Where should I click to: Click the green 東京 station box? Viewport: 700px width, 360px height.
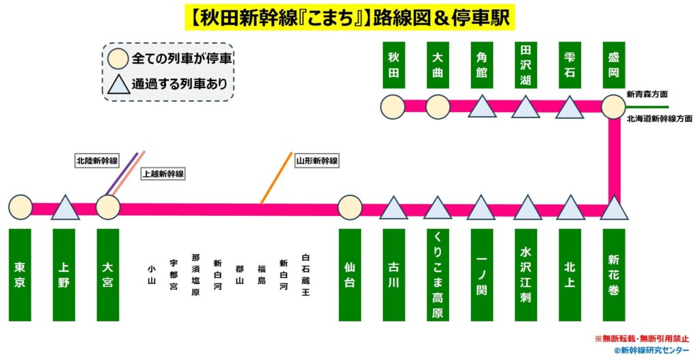pyautogui.click(x=21, y=275)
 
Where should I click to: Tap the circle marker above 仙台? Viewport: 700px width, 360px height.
pyautogui.click(x=349, y=206)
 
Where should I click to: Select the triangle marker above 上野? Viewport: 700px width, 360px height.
pyautogui.click(x=65, y=208)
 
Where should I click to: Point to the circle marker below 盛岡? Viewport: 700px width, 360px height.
pyautogui.click(x=613, y=107)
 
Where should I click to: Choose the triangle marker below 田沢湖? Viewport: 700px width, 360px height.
pyautogui.click(x=526, y=107)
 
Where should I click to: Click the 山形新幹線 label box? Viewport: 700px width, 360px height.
pyautogui.click(x=317, y=161)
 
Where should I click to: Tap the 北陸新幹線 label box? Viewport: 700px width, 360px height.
pyautogui.click(x=97, y=161)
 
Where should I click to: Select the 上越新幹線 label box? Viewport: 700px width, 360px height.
pyautogui.click(x=163, y=174)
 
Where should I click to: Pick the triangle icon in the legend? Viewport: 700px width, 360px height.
pyautogui.click(x=118, y=85)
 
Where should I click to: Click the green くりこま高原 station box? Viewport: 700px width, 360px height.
pyautogui.click(x=437, y=275)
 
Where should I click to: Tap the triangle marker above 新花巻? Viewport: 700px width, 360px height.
pyautogui.click(x=613, y=208)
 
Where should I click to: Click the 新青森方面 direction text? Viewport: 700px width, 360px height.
pyautogui.click(x=647, y=94)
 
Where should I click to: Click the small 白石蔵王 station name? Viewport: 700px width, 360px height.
pyautogui.click(x=305, y=275)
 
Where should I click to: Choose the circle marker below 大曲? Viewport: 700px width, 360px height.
pyautogui.click(x=437, y=107)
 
